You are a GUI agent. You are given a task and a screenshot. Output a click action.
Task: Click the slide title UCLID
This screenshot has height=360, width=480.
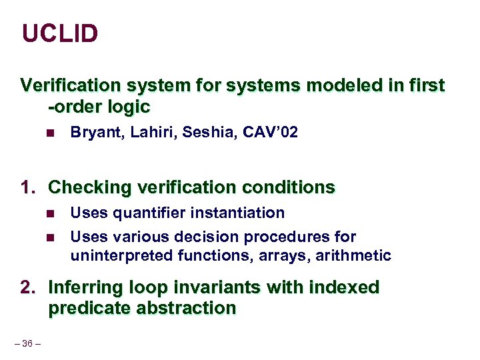60,33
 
